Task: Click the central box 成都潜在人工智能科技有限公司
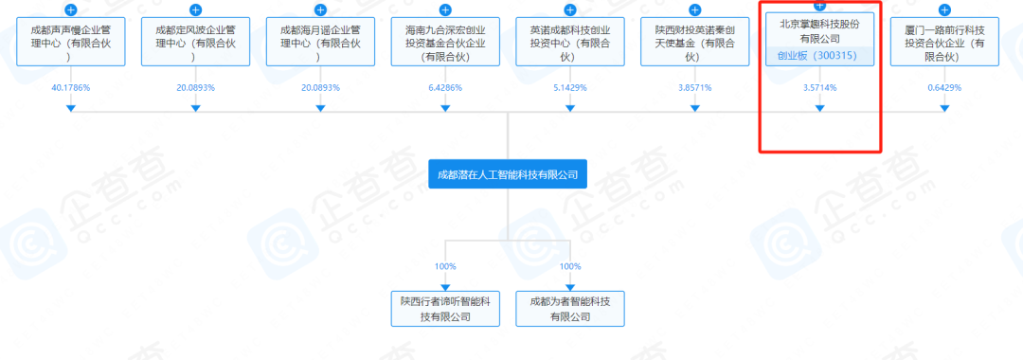tap(507, 174)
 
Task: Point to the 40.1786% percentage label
tap(70, 87)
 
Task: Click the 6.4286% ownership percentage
tap(445, 87)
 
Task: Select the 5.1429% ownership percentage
tap(570, 87)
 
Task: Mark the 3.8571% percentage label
tap(695, 87)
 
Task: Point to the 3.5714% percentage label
tap(820, 87)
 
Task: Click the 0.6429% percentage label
tap(945, 87)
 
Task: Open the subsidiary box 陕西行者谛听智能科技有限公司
tap(445, 308)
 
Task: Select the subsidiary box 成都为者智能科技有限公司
tap(570, 308)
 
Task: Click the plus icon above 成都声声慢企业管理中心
tap(70, 10)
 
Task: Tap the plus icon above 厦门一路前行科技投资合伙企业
tap(945, 10)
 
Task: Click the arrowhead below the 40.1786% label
tap(70, 108)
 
